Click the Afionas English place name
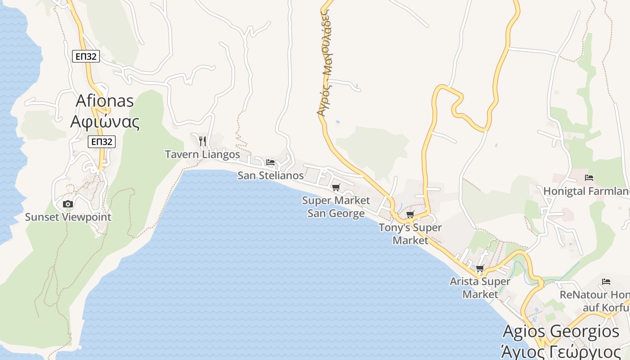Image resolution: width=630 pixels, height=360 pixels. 104,101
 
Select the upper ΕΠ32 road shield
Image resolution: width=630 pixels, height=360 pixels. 85,56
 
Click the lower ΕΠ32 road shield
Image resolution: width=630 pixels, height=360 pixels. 101,142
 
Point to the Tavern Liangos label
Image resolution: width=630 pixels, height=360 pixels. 202,154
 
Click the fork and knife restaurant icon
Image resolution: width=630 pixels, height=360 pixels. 202,141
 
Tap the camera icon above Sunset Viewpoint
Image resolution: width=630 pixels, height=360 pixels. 68,204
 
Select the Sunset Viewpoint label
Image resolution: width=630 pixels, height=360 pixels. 68,217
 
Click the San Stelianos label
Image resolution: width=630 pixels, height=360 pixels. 270,175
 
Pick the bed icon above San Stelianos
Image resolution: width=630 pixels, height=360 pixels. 270,162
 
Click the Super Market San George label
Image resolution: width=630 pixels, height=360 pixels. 336,207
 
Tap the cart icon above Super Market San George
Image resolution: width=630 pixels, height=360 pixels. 336,187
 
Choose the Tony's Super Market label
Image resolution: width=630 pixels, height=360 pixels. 410,234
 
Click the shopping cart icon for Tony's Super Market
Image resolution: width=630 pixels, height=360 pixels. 410,215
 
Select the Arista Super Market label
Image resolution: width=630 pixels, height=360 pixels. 480,288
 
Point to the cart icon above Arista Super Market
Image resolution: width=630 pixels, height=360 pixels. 480,269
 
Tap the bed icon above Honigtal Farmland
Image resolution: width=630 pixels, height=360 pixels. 589,178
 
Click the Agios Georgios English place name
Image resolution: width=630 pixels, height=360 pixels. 561,332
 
